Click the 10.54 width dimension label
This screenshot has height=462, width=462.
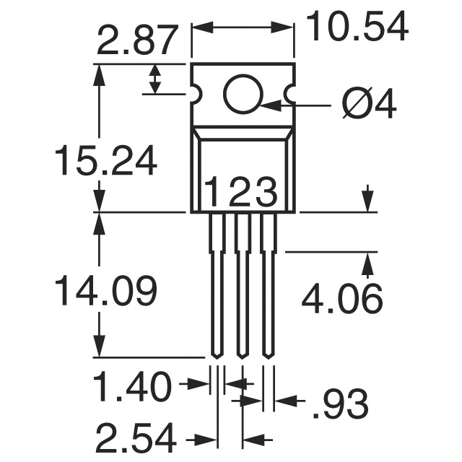pos(357,27)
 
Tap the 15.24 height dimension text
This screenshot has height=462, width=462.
pos(105,162)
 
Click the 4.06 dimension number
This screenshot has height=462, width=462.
pos(341,299)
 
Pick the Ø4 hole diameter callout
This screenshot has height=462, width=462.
pos(369,107)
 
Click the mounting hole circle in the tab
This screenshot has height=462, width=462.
pos(243,95)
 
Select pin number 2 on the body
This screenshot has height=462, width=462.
pos(240,193)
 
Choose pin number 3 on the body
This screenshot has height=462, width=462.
pos(266,193)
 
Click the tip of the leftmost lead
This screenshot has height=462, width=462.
pos(216,354)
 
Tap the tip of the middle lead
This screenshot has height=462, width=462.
pos(242,354)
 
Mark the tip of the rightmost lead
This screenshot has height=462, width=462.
pos(268,354)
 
